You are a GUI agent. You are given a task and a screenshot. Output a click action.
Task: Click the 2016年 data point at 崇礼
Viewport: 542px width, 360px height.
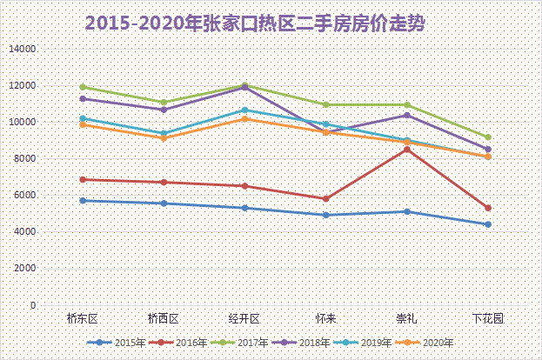coord(406,150)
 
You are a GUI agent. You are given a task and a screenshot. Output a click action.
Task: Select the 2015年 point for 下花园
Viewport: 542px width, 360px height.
coord(488,224)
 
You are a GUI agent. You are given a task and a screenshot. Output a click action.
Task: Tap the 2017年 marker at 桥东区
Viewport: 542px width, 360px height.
coord(83,87)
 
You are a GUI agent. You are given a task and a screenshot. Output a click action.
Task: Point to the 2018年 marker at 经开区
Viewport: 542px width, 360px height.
coord(244,88)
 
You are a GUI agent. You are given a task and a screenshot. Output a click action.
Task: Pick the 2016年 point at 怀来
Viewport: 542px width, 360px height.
coord(325,198)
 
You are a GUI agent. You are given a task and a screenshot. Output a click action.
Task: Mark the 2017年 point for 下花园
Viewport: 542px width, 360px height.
coord(488,137)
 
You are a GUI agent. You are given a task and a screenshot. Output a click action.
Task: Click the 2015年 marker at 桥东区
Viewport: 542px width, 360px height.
coord(83,201)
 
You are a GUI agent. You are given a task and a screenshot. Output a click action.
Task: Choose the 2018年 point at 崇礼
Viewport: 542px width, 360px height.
coord(406,115)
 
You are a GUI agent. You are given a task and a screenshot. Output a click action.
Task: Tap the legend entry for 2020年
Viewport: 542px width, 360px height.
coord(427,343)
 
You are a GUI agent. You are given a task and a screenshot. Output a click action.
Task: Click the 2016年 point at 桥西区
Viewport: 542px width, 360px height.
coord(164,183)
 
